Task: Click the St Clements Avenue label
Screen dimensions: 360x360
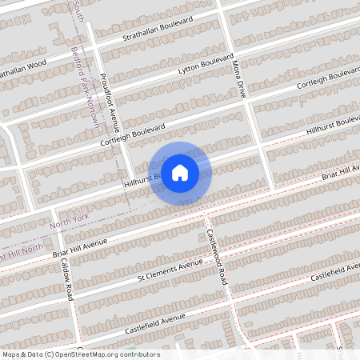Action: (170, 272)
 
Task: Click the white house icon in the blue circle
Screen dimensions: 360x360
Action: (180, 172)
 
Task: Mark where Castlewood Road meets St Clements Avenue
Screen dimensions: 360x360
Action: (220, 262)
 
